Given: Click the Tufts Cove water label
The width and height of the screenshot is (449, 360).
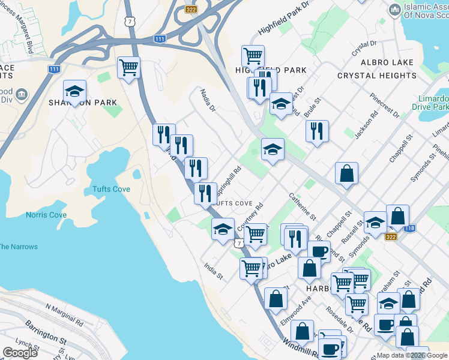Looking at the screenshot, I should click(x=111, y=189).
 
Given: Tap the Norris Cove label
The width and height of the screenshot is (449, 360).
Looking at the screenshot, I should click(x=46, y=215).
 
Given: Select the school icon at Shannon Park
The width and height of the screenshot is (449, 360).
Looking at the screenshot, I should click(x=75, y=92).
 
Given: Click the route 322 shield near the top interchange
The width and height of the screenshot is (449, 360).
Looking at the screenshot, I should click(x=191, y=9).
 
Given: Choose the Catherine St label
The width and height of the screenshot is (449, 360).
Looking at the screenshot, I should click(x=301, y=204).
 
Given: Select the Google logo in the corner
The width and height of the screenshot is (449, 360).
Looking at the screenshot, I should click(x=20, y=353).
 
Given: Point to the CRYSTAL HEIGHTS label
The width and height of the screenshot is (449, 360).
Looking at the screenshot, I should click(x=377, y=76).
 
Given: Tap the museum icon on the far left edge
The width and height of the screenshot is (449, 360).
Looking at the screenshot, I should click(x=22, y=95).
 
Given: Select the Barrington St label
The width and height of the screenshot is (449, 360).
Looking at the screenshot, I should click(x=46, y=332).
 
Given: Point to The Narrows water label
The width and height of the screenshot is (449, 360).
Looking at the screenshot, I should click(x=18, y=247).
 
